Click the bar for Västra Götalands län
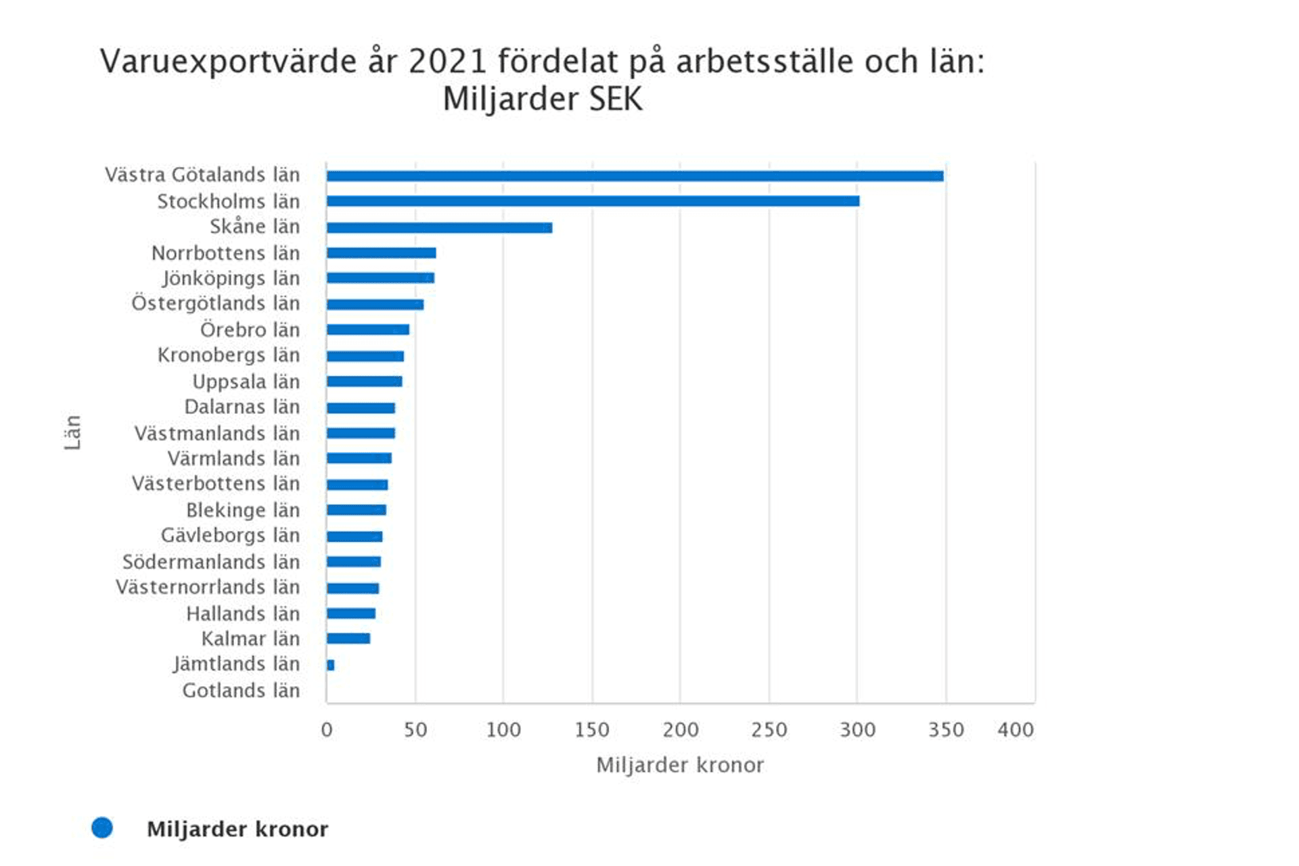click(x=635, y=176)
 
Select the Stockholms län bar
click(x=593, y=201)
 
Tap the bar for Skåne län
click(x=439, y=227)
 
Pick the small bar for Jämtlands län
click(x=330, y=665)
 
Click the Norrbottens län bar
click(x=381, y=253)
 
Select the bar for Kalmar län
click(x=348, y=638)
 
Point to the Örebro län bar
click(x=367, y=329)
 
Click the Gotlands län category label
click(x=241, y=690)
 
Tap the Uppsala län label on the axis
click(x=246, y=382)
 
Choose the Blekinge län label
click(x=242, y=510)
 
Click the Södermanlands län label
click(x=210, y=562)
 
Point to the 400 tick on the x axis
click(x=1015, y=729)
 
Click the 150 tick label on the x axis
click(x=592, y=729)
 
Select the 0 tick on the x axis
click(x=327, y=729)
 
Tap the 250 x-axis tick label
click(x=769, y=729)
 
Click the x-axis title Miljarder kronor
click(x=680, y=765)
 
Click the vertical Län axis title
click(x=72, y=432)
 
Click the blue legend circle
click(x=102, y=827)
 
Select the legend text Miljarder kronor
click(x=237, y=829)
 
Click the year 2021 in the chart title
click(x=447, y=62)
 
